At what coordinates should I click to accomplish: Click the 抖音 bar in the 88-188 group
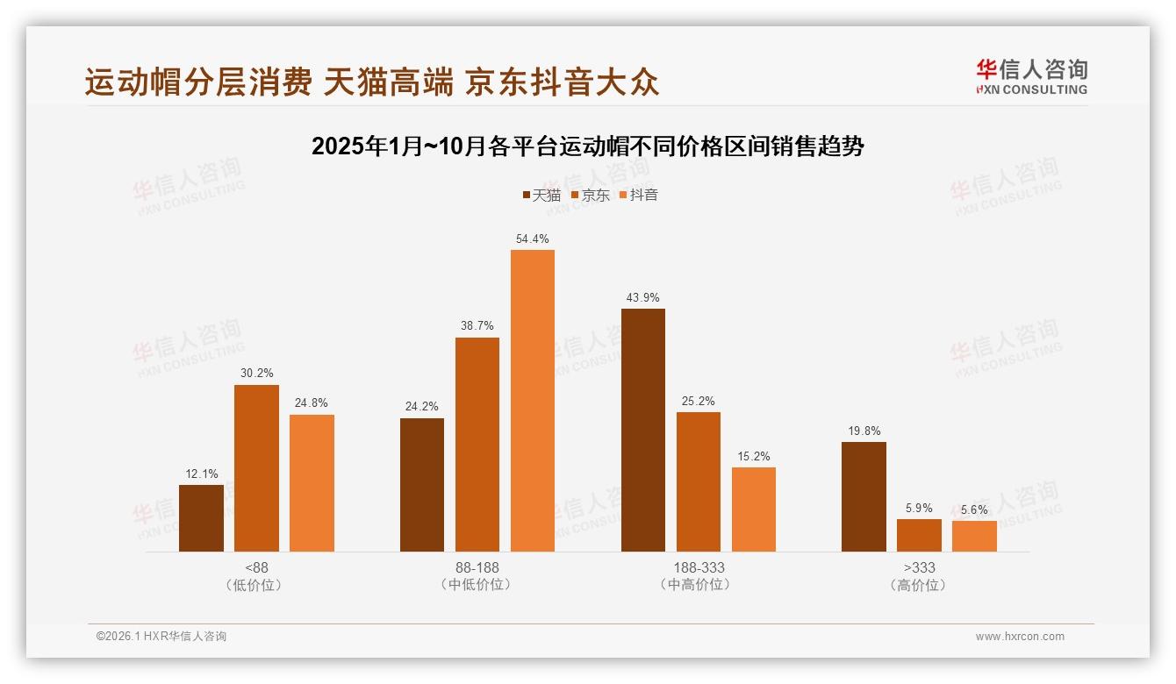pos(533,401)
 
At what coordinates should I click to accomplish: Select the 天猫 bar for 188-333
pos(643,430)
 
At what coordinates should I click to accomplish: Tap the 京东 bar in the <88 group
pos(256,468)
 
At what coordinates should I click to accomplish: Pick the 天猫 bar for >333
pos(864,496)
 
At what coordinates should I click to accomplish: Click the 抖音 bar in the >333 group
pos(974,536)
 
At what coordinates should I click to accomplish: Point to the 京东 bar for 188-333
pos(699,481)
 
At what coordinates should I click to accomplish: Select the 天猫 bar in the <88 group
pos(201,518)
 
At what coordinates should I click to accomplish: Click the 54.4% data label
pos(533,239)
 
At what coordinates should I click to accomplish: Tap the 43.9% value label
pos(643,297)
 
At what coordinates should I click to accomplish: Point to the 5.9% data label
pos(919,508)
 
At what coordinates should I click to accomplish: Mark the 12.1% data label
pos(201,474)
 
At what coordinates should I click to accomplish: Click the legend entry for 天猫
pos(541,195)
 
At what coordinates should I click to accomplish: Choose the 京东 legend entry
pos(590,195)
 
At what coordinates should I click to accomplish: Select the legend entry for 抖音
pos(639,195)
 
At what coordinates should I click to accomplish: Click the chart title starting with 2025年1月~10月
pos(588,146)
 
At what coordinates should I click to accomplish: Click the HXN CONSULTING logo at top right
pos(1031,76)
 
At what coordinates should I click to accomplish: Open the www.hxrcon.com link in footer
pos(1020,637)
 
